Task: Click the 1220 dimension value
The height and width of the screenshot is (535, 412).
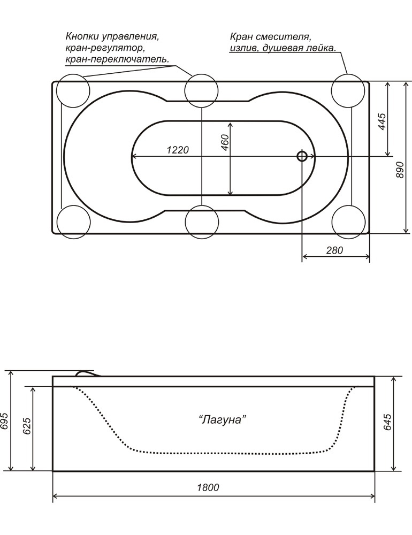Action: tap(178, 150)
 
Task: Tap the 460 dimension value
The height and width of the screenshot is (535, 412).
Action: tap(225, 142)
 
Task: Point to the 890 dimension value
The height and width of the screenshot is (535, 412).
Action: tap(400, 170)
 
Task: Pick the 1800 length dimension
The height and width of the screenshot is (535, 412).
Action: tap(208, 487)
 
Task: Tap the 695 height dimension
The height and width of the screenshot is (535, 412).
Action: tap(5, 423)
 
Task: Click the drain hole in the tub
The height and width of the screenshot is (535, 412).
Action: tap(302, 156)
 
